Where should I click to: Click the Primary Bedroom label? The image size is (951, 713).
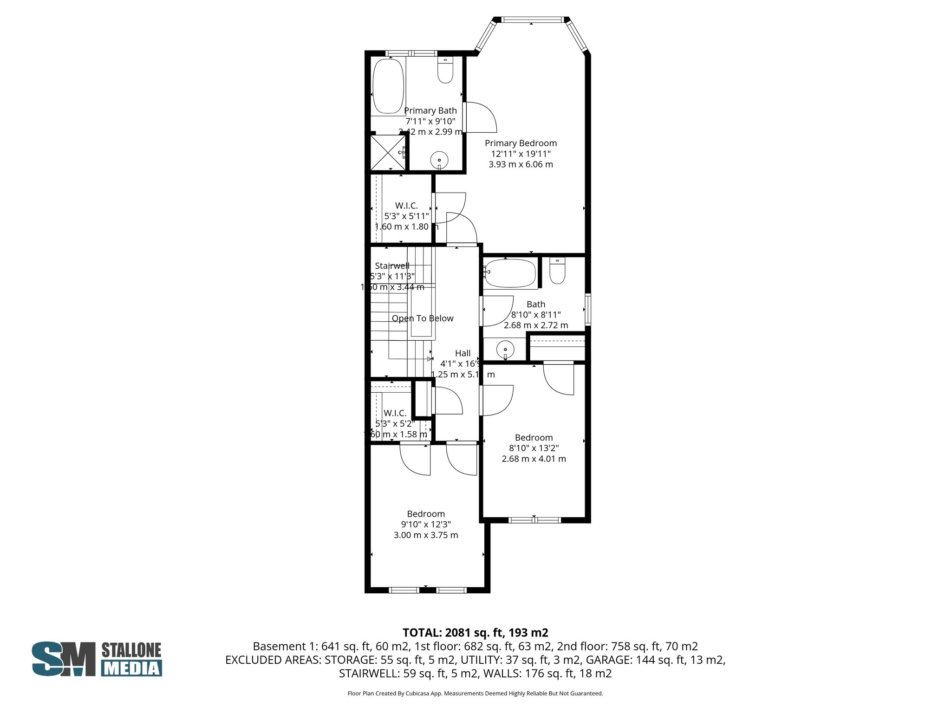[x=521, y=143]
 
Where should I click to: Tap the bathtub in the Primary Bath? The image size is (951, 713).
[x=388, y=86]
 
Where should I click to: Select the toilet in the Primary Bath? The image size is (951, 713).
[x=445, y=71]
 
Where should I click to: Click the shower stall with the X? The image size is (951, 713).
[x=388, y=153]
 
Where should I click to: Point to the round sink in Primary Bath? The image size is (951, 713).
[x=439, y=160]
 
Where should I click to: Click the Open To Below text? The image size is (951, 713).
[x=422, y=318]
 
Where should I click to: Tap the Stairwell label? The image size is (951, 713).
[x=392, y=266]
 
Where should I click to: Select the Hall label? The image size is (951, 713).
[x=462, y=353]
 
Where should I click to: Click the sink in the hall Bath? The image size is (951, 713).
[x=505, y=349]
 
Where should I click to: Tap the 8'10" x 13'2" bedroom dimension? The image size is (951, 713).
[x=534, y=448]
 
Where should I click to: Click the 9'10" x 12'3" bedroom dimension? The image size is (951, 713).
[x=426, y=525]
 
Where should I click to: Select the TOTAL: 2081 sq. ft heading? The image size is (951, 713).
[x=475, y=633]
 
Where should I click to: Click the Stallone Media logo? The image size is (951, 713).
[x=97, y=659]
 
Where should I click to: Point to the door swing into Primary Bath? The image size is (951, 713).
[x=481, y=117]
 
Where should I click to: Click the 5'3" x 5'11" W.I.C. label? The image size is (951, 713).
[x=406, y=216]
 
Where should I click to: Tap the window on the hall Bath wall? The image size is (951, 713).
[x=588, y=309]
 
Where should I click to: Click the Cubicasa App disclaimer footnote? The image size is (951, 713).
[x=475, y=694]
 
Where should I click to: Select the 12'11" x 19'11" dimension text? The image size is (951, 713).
[x=521, y=154]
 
